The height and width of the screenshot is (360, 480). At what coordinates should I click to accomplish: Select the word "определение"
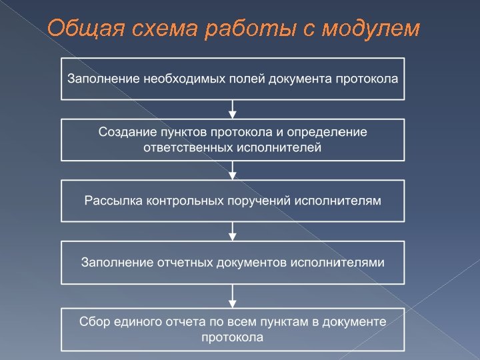(331, 132)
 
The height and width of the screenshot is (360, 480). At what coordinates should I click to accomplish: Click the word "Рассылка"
(110, 200)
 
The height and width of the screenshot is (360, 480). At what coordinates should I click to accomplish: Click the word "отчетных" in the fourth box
(187, 261)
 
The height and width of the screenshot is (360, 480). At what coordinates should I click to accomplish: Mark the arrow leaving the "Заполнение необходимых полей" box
(233, 109)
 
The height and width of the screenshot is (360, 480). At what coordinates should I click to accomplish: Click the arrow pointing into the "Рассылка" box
(233, 170)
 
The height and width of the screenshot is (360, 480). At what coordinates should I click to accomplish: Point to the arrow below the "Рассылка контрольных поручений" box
(233, 231)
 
